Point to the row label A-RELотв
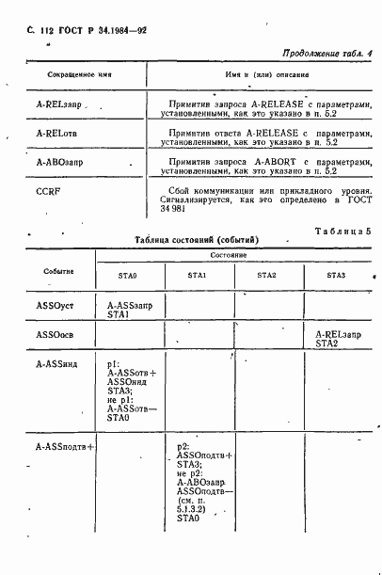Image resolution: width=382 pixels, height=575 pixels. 55,133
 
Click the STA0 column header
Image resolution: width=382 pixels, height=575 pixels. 127,275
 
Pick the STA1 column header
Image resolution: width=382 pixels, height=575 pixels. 198,275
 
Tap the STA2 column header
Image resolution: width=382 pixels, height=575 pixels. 266,275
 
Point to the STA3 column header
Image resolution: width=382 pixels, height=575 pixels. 336,275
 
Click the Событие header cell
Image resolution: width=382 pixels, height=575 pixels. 58,271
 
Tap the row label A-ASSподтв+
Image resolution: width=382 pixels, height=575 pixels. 65,447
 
